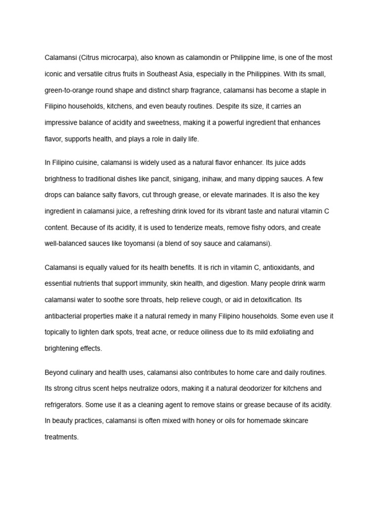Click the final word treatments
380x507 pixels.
[x=61, y=437]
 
